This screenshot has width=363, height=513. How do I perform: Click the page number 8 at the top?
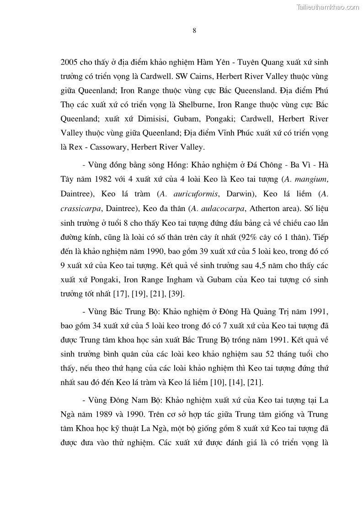coord(194,31)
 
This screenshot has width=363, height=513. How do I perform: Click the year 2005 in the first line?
coord(69,62)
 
